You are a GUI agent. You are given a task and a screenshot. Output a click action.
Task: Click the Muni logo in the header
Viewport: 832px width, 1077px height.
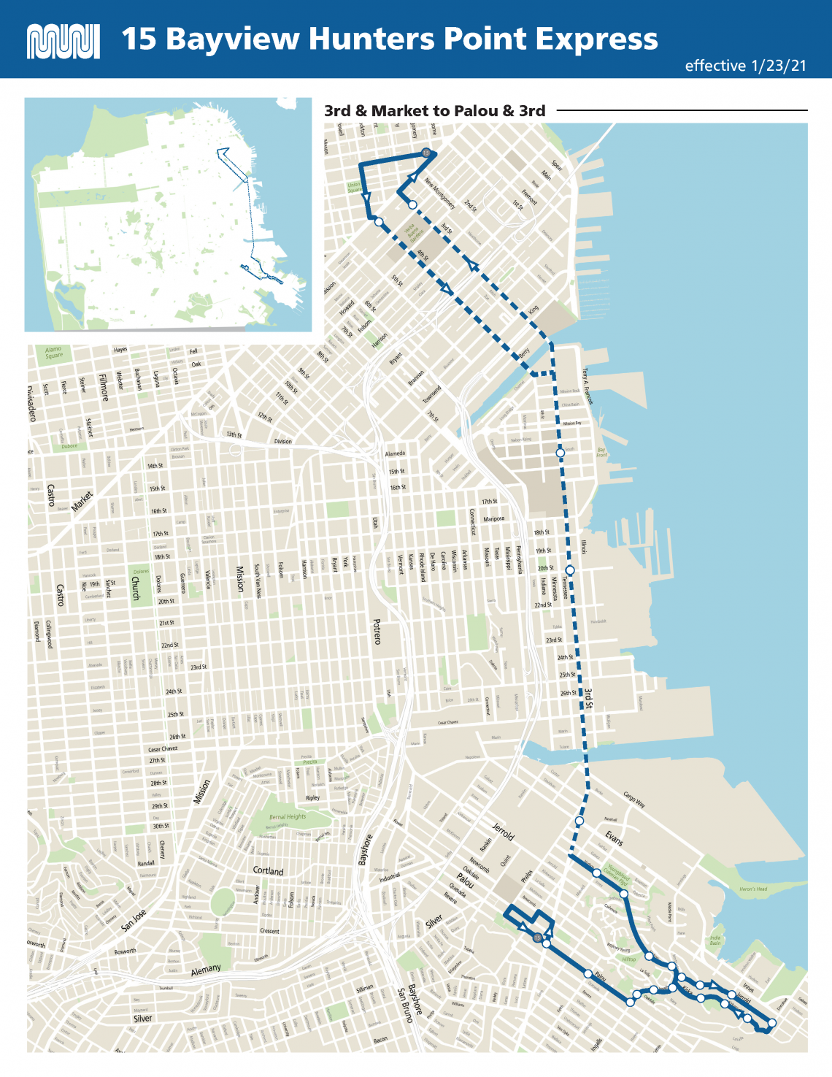point(63,42)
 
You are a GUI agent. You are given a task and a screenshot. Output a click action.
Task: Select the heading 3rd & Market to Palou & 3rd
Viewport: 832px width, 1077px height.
point(434,111)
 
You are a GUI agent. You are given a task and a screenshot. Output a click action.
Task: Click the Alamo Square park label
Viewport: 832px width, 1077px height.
point(53,353)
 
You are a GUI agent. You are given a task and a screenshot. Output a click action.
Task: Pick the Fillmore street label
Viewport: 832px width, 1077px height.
point(103,387)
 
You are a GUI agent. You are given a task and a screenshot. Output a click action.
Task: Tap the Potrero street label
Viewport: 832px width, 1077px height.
point(377,632)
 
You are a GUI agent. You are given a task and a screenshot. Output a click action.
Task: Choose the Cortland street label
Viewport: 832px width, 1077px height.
point(268,870)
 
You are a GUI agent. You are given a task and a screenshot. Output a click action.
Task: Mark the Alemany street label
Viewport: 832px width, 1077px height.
point(206,970)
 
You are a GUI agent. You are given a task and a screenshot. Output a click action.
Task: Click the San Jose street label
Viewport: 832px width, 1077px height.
point(134,920)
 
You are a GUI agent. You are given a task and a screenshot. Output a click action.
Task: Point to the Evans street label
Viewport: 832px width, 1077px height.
point(614,838)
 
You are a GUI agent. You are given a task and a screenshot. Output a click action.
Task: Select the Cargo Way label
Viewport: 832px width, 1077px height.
point(634,799)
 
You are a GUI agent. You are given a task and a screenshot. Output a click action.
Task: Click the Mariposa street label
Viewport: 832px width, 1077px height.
point(493,519)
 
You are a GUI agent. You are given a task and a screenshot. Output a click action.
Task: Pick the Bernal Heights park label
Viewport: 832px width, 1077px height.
point(288,816)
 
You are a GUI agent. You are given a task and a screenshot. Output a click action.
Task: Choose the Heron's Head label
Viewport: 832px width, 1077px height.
point(752,889)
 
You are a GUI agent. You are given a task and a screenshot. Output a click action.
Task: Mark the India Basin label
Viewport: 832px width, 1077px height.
point(715,940)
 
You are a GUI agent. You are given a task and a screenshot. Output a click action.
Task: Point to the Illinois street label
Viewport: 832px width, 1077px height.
point(584,547)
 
